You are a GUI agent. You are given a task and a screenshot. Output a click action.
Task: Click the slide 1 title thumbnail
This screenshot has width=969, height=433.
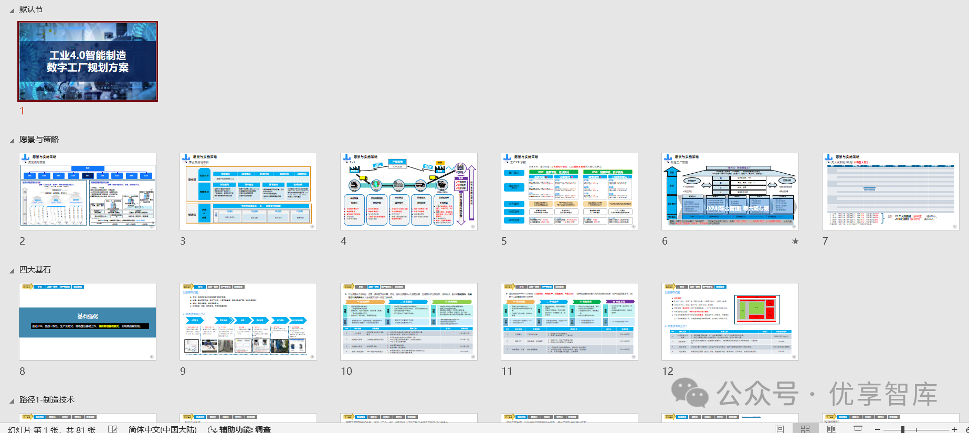click(88, 61)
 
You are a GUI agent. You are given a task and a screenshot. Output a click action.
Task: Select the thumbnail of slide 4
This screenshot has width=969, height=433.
click(408, 191)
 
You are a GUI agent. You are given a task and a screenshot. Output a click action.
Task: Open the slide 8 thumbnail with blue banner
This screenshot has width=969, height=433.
click(88, 321)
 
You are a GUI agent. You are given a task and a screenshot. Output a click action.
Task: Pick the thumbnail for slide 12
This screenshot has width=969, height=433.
click(730, 321)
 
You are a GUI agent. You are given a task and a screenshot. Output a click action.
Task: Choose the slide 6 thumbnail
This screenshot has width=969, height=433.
click(730, 191)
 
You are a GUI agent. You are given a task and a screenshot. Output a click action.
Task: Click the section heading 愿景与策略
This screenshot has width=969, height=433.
click(39, 140)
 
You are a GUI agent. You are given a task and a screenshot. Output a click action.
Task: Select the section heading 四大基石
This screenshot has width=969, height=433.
click(35, 270)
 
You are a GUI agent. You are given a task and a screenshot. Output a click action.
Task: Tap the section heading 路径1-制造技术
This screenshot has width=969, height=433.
click(47, 400)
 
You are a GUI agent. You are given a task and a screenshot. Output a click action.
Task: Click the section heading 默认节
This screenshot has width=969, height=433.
click(31, 9)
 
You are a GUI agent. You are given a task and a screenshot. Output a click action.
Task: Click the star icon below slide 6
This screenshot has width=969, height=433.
click(795, 241)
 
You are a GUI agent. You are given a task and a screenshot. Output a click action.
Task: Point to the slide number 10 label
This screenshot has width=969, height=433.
click(346, 372)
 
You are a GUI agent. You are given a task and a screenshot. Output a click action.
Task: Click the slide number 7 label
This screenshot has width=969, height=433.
click(825, 241)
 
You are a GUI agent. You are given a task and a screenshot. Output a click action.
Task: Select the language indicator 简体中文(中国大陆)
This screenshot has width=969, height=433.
click(162, 429)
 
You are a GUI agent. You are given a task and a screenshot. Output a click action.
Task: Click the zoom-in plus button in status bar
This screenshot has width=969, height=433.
click(954, 429)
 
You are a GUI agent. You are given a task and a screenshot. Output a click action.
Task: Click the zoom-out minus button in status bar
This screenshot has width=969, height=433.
click(877, 429)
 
